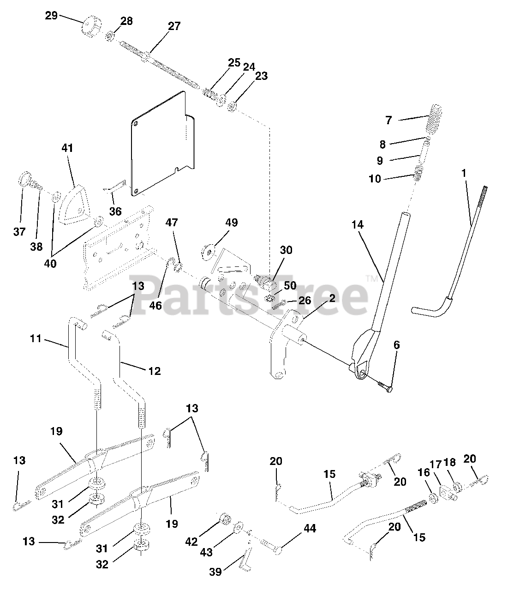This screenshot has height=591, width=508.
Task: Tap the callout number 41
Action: coord(67,148)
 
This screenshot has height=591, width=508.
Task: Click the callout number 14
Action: coord(357,225)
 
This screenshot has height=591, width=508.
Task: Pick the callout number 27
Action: coord(174,26)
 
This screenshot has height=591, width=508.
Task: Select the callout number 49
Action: coord(232,223)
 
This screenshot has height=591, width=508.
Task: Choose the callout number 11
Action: coord(36,339)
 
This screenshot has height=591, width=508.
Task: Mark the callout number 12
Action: coord(155,370)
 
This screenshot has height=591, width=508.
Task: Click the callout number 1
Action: coord(464,174)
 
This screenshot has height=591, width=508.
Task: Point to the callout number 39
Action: coord(215,572)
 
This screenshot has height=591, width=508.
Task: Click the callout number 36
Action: coord(115,211)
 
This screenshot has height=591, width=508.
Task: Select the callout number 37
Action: coord(19,231)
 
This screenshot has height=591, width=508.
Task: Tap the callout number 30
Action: coord(286,250)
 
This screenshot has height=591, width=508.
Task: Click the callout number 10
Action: coord(375,178)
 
